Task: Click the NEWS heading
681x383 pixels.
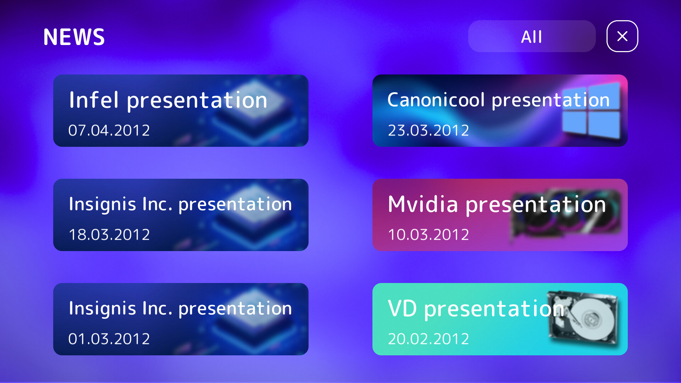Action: pyautogui.click(x=74, y=37)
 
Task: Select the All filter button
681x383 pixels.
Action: pyautogui.click(x=531, y=37)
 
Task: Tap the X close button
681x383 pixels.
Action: pyautogui.click(x=622, y=36)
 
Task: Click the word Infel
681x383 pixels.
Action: pyautogui.click(x=94, y=100)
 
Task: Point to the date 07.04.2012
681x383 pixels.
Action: pyautogui.click(x=109, y=131)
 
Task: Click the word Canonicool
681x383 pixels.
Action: pyautogui.click(x=436, y=100)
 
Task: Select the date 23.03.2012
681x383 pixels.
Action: pyautogui.click(x=428, y=131)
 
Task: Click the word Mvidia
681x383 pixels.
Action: pyautogui.click(x=423, y=204)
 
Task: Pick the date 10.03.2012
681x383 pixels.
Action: pyautogui.click(x=428, y=235)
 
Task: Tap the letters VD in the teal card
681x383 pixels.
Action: pyautogui.click(x=402, y=308)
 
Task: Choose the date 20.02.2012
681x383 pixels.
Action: pyautogui.click(x=428, y=339)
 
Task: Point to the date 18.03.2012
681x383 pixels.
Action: pyautogui.click(x=109, y=235)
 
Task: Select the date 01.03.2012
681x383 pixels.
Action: pyautogui.click(x=109, y=339)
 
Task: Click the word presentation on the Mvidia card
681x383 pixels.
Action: pyautogui.click(x=536, y=205)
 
